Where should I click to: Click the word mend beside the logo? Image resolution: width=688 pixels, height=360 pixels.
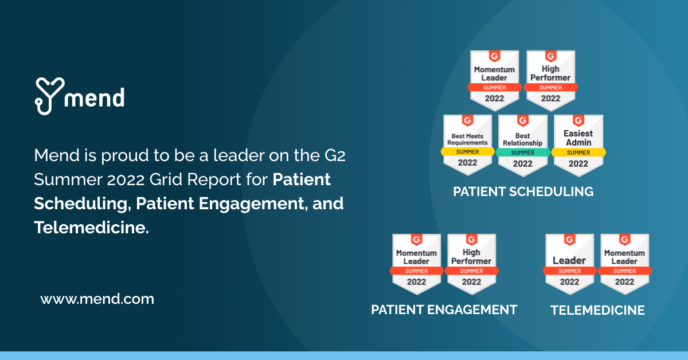tap(95, 97)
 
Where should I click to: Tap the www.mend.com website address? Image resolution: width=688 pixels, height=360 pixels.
tap(97, 299)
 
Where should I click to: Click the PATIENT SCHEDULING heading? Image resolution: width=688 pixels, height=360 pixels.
tap(523, 191)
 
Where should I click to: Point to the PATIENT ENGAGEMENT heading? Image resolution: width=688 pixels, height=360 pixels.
tap(444, 310)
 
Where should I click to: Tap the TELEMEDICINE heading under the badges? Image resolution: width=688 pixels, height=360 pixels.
tap(597, 310)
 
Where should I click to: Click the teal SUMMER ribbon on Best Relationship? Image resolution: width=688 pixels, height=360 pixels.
tap(522, 152)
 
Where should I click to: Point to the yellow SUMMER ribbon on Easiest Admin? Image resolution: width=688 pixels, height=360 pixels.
tap(578, 152)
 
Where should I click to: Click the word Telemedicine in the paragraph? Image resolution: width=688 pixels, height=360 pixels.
tap(89, 228)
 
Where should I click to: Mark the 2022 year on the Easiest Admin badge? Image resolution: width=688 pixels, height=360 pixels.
tap(578, 164)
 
